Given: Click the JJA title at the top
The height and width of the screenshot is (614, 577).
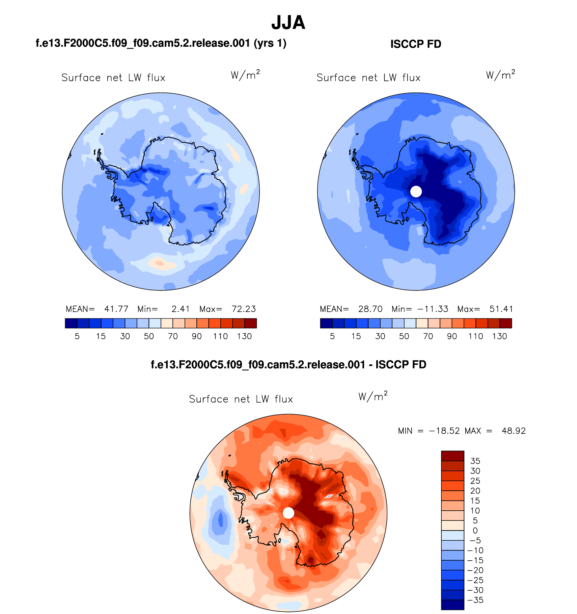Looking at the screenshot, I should click(288, 23).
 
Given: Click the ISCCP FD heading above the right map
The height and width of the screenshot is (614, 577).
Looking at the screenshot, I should click(416, 44).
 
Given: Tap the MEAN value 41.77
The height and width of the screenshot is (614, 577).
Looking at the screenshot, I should click(116, 309).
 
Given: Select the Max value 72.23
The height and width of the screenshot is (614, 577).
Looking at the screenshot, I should click(244, 309).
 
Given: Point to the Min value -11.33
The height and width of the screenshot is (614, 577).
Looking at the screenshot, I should click(433, 309).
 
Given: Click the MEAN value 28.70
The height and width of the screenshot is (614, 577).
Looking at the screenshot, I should click(370, 309).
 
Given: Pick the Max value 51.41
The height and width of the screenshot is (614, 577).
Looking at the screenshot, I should click(501, 309).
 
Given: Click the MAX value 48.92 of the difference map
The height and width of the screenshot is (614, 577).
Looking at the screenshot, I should click(514, 431).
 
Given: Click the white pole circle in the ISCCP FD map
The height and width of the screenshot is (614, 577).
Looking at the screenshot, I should click(416, 191).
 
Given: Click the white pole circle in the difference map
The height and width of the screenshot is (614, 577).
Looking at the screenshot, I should click(288, 513).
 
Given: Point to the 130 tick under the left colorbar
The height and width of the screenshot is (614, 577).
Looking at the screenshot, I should click(244, 336).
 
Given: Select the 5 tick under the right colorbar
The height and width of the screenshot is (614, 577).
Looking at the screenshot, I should click(332, 336).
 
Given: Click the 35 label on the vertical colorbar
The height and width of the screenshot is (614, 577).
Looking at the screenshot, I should click(475, 461).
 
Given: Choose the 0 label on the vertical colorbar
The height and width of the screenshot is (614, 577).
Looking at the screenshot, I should click(475, 531).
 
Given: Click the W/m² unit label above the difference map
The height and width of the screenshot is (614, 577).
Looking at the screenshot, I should click(373, 396).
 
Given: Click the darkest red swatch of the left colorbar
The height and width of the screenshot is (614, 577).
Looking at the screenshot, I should click(250, 323).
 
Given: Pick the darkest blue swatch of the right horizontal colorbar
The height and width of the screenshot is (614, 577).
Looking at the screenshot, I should click(326, 323).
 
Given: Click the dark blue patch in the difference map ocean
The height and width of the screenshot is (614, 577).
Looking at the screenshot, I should click(220, 519).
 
